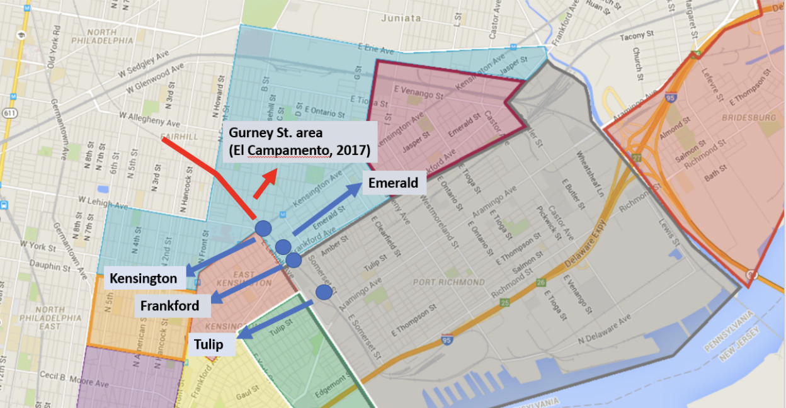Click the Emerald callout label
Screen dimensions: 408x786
(x=394, y=183)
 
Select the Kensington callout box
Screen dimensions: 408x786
(x=143, y=278)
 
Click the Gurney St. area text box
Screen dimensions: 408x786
(x=299, y=142)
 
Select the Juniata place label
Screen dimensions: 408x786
(x=401, y=18)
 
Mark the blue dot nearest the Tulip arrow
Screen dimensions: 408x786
(x=324, y=292)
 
